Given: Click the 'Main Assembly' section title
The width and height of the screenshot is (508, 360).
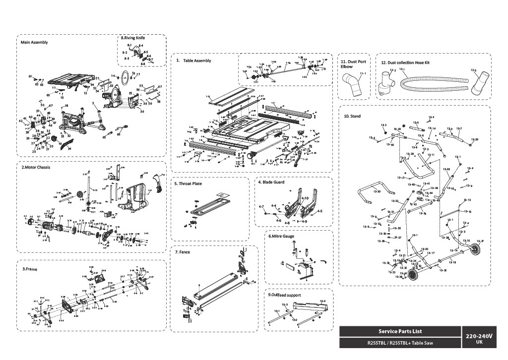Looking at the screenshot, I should [x=34, y=42].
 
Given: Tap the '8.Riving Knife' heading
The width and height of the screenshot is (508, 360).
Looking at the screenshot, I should [x=133, y=38].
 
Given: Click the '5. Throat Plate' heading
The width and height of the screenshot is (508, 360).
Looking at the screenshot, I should [x=188, y=183].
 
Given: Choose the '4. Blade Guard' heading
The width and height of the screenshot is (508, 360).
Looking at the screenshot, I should [x=271, y=182].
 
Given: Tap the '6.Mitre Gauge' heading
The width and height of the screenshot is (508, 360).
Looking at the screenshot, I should [x=281, y=236].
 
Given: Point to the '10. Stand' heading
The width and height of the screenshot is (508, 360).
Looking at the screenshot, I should [x=352, y=116].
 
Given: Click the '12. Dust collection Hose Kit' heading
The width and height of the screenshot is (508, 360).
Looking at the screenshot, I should [x=405, y=63].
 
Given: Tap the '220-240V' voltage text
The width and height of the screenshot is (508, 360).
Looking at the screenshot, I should [x=479, y=336].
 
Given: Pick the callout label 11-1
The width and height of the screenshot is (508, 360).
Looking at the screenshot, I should [x=363, y=73].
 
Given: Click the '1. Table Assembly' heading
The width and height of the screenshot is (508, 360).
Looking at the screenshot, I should [x=194, y=60].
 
